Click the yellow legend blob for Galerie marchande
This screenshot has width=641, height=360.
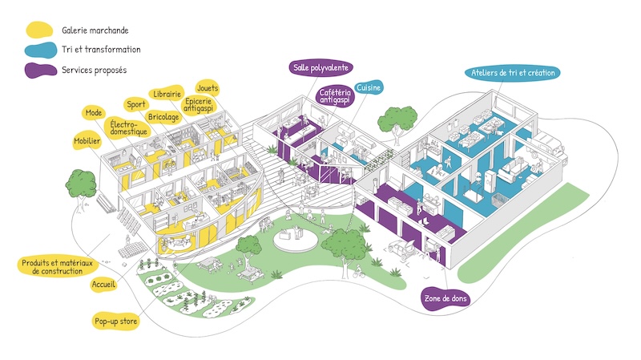(39, 30)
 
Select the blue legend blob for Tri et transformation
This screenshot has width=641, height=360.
(41, 50)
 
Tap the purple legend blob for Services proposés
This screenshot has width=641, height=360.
(41, 70)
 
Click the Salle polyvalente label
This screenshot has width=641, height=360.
(320, 67)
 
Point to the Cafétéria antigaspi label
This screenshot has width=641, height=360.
(335, 96)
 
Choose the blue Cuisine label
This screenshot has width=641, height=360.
(369, 87)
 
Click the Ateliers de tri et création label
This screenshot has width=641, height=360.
(513, 73)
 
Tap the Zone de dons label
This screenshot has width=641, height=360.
(445, 298)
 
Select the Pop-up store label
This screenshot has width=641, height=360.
(115, 322)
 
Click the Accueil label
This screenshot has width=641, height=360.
(103, 285)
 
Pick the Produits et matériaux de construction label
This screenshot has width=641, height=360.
(57, 267)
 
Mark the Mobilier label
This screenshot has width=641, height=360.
(87, 141)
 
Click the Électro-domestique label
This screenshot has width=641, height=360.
(128, 127)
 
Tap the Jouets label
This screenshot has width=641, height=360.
(208, 88)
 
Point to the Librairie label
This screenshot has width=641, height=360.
(167, 94)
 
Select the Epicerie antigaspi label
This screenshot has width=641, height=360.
(198, 104)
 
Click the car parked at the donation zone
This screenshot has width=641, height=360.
(402, 249)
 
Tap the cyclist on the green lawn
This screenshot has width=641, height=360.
(358, 271)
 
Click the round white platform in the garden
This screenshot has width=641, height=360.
(295, 241)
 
